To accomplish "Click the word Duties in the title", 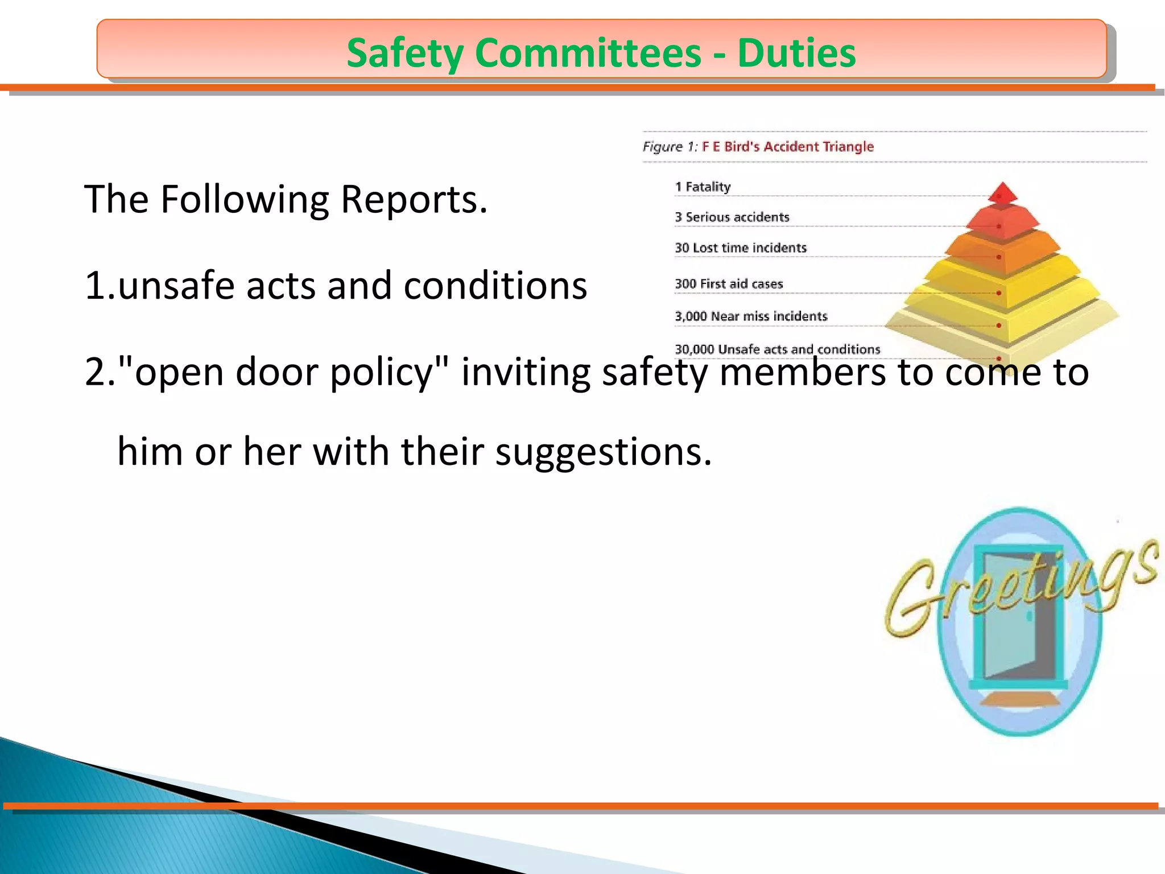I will pyautogui.click(x=796, y=53).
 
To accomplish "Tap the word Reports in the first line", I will pyautogui.click(x=414, y=200).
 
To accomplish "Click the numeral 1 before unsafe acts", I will pyautogui.click(x=95, y=286).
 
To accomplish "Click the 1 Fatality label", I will pyautogui.click(x=703, y=187).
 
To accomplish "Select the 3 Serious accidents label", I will pyautogui.click(x=732, y=217).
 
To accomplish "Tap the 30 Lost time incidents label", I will pyautogui.click(x=741, y=248).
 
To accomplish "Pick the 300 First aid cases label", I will pyautogui.click(x=729, y=283).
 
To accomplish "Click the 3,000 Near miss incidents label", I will pyautogui.click(x=751, y=316).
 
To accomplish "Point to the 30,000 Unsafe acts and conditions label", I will pyautogui.click(x=777, y=349).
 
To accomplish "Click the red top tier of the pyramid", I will pyautogui.click(x=1002, y=193).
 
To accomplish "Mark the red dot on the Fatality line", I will pyautogui.click(x=999, y=196).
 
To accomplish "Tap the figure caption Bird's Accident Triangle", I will pyautogui.click(x=788, y=146).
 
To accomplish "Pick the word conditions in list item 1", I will pyautogui.click(x=495, y=286).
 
